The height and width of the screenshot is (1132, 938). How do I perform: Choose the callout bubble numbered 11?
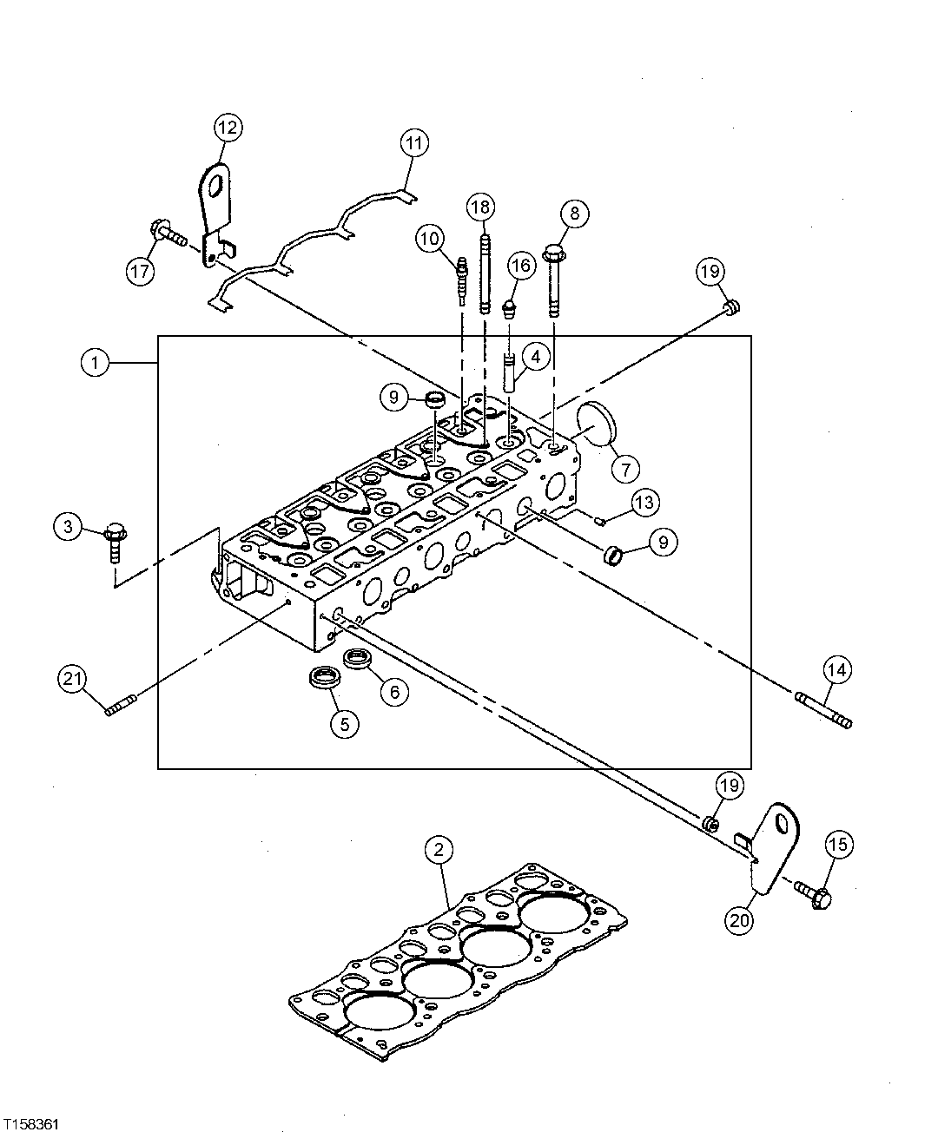pyautogui.click(x=415, y=143)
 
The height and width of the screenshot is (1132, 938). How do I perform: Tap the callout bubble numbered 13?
pyautogui.click(x=644, y=502)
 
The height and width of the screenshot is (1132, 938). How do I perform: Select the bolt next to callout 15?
pyautogui.click(x=813, y=895)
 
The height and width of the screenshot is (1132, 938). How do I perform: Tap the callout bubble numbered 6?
pyautogui.click(x=393, y=691)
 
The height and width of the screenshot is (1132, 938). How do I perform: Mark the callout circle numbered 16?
pyautogui.click(x=520, y=267)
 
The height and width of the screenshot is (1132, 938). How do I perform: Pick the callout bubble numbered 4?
pyautogui.click(x=536, y=356)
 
